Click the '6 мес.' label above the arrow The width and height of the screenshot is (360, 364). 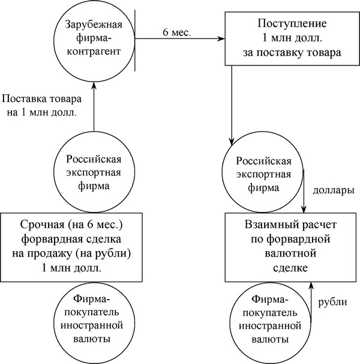tap(177, 32)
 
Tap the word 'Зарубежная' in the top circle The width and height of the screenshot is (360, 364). tap(94, 24)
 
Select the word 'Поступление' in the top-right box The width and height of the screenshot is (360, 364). tap(292, 23)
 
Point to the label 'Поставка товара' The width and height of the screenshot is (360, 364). tap(42, 99)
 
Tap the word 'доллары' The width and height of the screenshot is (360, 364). tap(334, 190)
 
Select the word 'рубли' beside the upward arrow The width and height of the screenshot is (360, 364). tap(332, 302)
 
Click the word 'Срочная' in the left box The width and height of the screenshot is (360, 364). tap(42, 225)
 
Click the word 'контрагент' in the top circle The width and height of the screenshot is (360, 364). tap(94, 51)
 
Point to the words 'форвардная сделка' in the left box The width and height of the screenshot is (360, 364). tap(71, 239)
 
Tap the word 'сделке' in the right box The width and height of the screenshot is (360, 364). tap(290, 268)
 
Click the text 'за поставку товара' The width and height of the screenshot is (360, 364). tap(292, 53)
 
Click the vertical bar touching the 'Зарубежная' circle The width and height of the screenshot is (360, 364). tap(135, 40)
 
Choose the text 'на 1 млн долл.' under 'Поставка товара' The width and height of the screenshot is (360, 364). tap(42, 113)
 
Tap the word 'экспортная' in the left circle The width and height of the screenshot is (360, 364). tap(94, 173)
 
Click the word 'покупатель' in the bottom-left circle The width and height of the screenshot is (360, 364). tap(92, 312)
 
